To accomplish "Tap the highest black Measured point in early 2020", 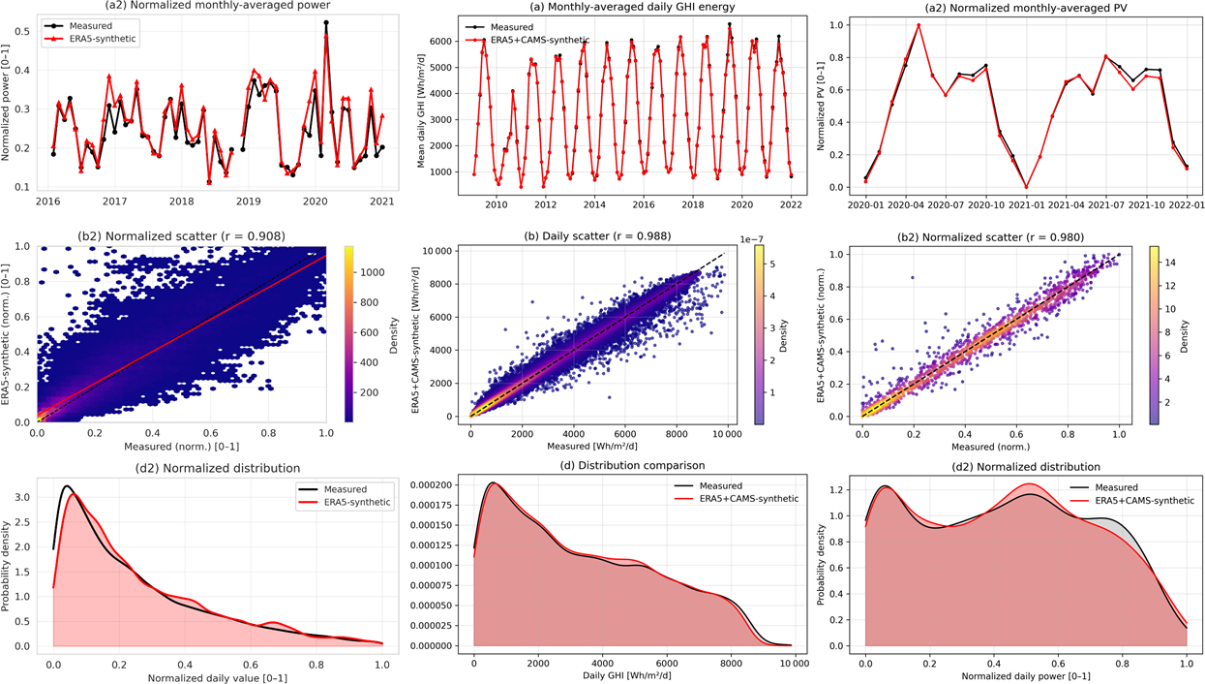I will pyautogui.click(x=326, y=22).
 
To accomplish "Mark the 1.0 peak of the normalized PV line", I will pyautogui.click(x=919, y=25).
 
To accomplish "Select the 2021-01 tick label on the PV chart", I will pyautogui.click(x=1026, y=205).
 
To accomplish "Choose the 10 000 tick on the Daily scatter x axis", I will pyautogui.click(x=727, y=433).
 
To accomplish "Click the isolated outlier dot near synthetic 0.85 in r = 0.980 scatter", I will pyautogui.click(x=912, y=279).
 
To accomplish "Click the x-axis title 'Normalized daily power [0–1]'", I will pyautogui.click(x=1025, y=674).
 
